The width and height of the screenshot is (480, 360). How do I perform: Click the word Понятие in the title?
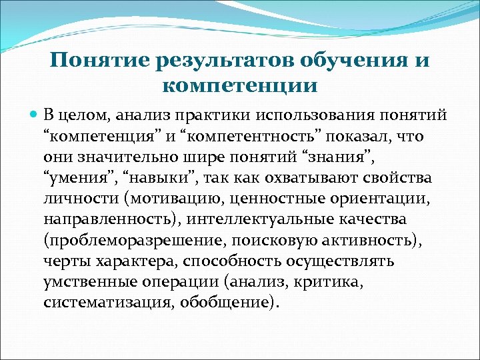click(x=94, y=61)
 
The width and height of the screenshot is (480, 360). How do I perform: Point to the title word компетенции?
click(x=239, y=86)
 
